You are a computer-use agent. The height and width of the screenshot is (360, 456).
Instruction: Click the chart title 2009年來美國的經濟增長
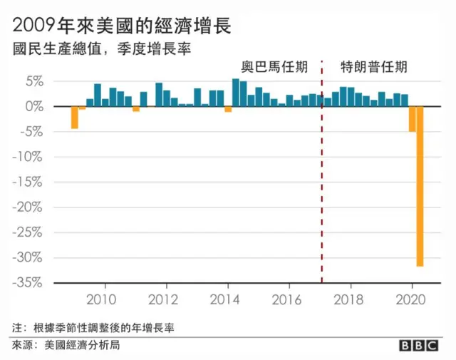[122, 25]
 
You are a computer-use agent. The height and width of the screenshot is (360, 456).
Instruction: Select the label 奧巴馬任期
[274, 67]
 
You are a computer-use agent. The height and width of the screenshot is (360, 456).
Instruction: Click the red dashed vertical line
[321, 178]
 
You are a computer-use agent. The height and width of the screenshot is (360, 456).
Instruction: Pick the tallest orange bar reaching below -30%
[420, 185]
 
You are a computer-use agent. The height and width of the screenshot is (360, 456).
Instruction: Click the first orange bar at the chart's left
[74, 117]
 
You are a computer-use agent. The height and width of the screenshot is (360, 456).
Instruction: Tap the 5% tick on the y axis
[35, 81]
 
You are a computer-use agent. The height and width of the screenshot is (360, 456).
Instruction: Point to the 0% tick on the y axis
[35, 106]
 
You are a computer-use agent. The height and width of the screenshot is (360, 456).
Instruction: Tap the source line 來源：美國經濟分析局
[65, 346]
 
